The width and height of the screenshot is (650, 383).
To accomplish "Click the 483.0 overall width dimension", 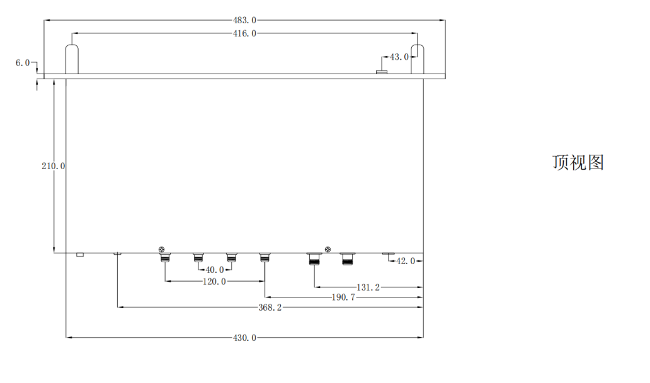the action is (244, 20).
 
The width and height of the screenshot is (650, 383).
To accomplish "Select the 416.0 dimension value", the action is (244, 33).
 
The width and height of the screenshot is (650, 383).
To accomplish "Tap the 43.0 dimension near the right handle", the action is (399, 57).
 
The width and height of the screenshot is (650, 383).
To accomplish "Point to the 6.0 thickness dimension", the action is (23, 62).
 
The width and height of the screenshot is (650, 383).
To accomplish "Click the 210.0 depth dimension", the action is (53, 165).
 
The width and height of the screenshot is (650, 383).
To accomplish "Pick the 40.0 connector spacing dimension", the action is (215, 270).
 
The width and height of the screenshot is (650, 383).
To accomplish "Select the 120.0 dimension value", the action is (214, 282).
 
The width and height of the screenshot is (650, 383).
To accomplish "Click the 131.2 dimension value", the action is (368, 287).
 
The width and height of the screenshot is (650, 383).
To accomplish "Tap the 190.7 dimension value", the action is (344, 297).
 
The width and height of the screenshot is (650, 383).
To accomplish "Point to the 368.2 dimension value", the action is (270, 308).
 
